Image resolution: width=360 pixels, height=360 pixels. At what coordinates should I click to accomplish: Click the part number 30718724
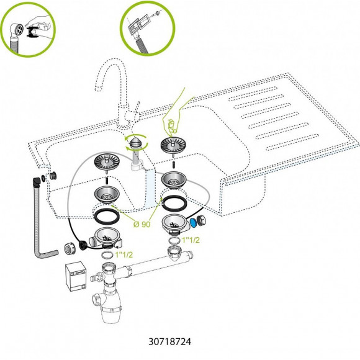coord(169,341)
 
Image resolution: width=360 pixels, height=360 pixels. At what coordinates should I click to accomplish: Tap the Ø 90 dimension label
coord(142,224)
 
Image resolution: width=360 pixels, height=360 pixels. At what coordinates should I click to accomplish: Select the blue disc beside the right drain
coord(193,222)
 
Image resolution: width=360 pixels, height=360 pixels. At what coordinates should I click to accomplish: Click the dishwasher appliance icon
coord(76,276)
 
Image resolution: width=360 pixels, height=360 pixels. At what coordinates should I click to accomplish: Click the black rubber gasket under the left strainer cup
coord(107,216)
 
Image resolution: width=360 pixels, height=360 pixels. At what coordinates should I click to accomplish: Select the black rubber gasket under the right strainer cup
coord(174,203)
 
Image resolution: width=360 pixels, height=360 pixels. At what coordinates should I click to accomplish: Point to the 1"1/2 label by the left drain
coord(124,254)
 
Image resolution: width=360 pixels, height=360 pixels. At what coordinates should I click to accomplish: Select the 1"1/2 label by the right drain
coord(191,240)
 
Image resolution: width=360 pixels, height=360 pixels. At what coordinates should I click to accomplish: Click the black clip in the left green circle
coord(33,32)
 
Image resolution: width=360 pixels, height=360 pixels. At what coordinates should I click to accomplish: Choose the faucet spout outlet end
coord(99,88)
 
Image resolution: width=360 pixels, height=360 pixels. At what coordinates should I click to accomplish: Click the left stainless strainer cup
coord(107,194)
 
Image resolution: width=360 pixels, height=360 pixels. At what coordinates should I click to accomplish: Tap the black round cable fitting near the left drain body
coord(82,245)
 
